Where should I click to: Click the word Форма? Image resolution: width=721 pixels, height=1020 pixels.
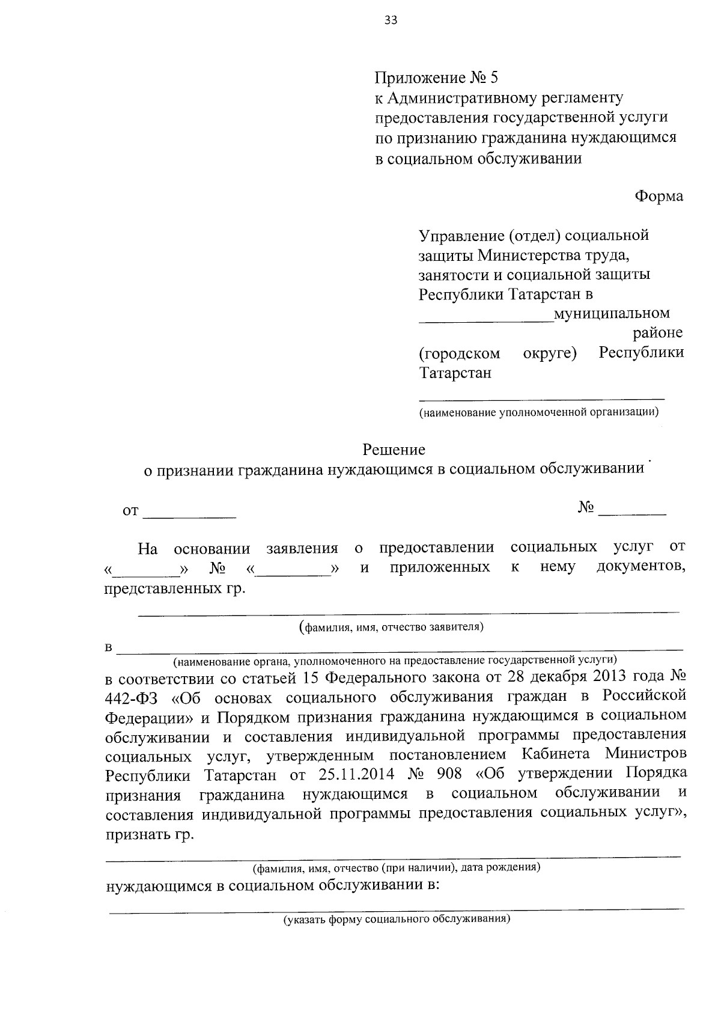tap(659, 197)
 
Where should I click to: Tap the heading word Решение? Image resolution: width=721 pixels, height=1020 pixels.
tap(394, 450)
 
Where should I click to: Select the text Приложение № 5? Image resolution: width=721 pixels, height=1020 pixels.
tap(437, 78)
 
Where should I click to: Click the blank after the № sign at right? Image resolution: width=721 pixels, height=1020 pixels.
tap(633, 510)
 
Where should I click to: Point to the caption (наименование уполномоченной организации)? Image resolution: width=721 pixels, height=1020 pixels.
tap(538, 412)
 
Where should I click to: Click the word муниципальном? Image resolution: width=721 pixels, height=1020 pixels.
tap(612, 314)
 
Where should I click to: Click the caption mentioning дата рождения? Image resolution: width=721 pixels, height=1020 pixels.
tap(397, 869)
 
